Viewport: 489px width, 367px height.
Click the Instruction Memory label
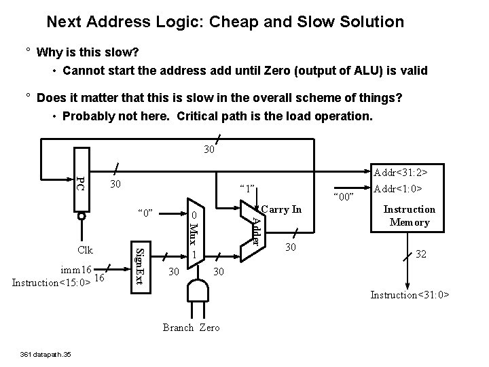point(410,216)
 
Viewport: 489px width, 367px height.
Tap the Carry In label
point(280,209)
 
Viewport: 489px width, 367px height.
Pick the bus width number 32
point(420,254)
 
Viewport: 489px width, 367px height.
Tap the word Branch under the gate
point(179,328)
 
